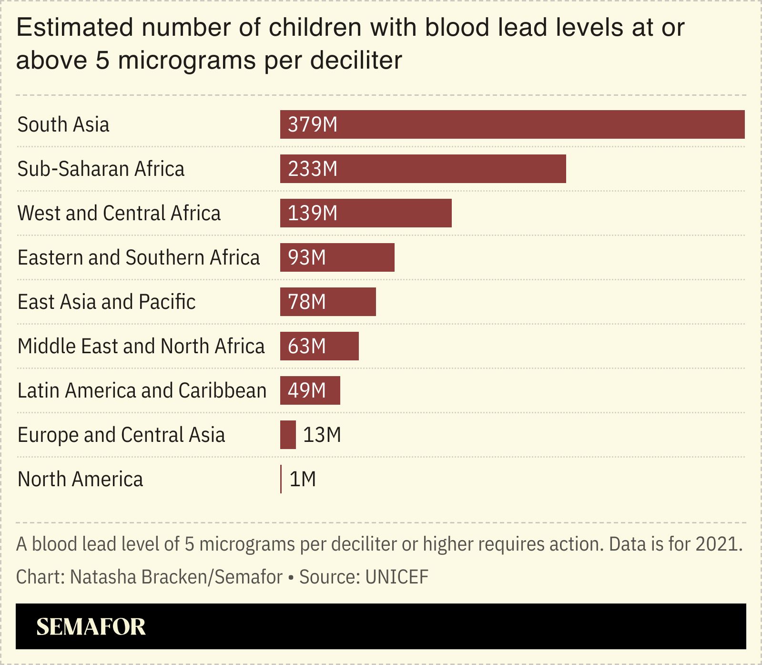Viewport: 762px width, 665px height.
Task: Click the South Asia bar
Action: [512, 124]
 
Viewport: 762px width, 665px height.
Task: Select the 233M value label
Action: [313, 169]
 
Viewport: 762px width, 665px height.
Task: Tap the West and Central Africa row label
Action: [119, 213]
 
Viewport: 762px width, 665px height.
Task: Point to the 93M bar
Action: [337, 257]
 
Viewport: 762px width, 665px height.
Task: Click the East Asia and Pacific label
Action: [107, 302]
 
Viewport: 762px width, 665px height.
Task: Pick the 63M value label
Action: [307, 346]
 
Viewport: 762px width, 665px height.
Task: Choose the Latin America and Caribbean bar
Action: [310, 390]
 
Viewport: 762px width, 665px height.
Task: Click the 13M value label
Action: [322, 435]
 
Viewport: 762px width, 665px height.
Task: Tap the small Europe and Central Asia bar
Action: [288, 435]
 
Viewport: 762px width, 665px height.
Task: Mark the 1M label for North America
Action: [303, 479]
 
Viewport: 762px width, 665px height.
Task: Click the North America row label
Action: [80, 479]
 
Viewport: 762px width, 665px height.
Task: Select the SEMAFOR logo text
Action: [91, 626]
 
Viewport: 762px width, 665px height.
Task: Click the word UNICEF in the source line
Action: [396, 577]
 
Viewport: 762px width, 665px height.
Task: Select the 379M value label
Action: [313, 124]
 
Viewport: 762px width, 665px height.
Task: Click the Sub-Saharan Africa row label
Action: [101, 169]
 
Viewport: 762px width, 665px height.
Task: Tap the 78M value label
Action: [307, 302]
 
